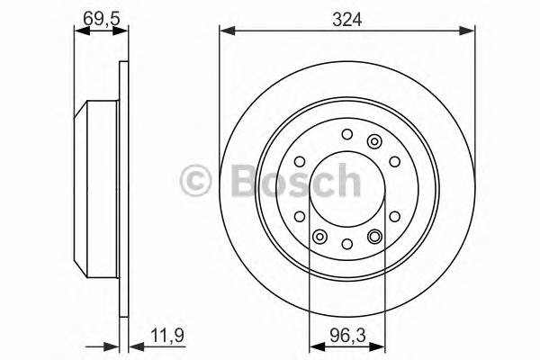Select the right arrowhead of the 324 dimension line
[471, 32]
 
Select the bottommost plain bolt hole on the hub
[347, 243]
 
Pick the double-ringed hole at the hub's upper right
[374, 140]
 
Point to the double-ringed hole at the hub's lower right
[374, 237]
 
